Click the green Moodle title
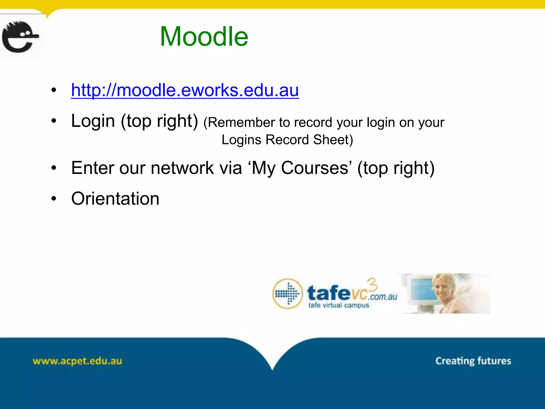(204, 36)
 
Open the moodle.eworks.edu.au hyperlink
(185, 90)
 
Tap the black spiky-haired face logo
(20, 37)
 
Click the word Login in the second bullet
(93, 121)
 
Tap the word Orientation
(115, 199)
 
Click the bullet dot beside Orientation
(54, 199)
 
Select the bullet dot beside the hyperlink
(54, 90)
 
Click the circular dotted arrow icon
(287, 294)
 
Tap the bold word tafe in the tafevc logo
(329, 293)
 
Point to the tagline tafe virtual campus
(338, 305)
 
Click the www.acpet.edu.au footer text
(77, 361)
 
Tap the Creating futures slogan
(473, 361)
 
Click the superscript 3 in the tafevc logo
(373, 284)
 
